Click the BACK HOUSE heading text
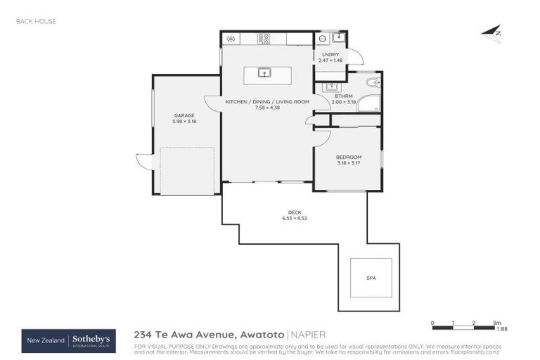click(36, 21)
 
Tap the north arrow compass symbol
click(491, 32)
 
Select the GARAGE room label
click(184, 115)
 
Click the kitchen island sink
click(264, 72)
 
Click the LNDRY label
click(330, 55)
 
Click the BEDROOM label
click(348, 157)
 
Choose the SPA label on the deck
click(371, 278)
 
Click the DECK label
click(294, 212)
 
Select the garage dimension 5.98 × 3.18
click(184, 122)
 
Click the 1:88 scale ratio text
click(502, 328)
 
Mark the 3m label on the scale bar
click(496, 322)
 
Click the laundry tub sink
click(337, 38)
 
